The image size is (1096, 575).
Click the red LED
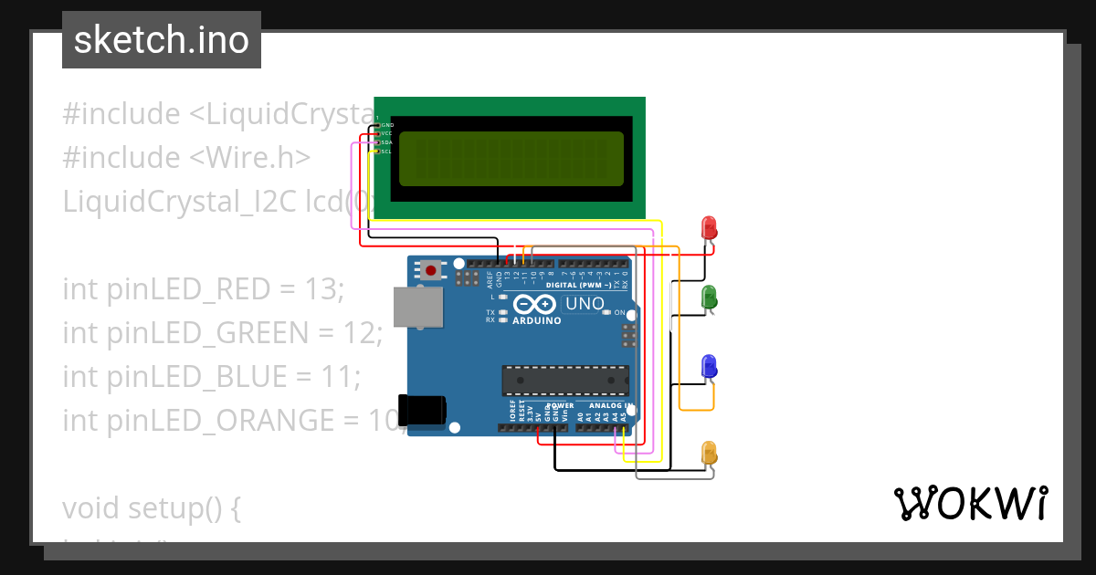[x=708, y=227]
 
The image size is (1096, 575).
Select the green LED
[x=708, y=298]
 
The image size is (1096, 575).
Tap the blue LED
[x=708, y=367]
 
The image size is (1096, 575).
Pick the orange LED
[x=709, y=453]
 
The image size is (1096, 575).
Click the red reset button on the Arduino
[x=429, y=270]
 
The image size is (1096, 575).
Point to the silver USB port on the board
[x=419, y=307]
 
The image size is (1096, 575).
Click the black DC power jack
[x=423, y=411]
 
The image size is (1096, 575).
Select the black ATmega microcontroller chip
[x=565, y=380]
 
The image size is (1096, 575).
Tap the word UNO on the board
[x=585, y=304]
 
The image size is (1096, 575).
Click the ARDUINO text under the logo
[x=537, y=321]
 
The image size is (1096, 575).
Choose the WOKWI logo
[x=970, y=503]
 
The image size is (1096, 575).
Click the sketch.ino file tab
[x=162, y=41]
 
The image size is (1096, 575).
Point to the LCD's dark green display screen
[x=511, y=157]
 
